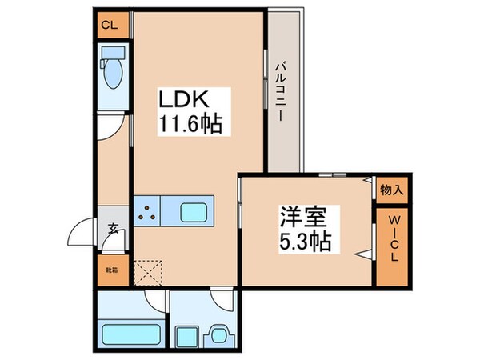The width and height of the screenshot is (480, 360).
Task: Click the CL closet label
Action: [110, 24]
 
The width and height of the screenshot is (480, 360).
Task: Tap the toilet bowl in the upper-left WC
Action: [111, 70]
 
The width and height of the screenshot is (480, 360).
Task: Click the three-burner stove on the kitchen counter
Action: [147, 213]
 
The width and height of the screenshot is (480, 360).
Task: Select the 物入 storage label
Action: [392, 190]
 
